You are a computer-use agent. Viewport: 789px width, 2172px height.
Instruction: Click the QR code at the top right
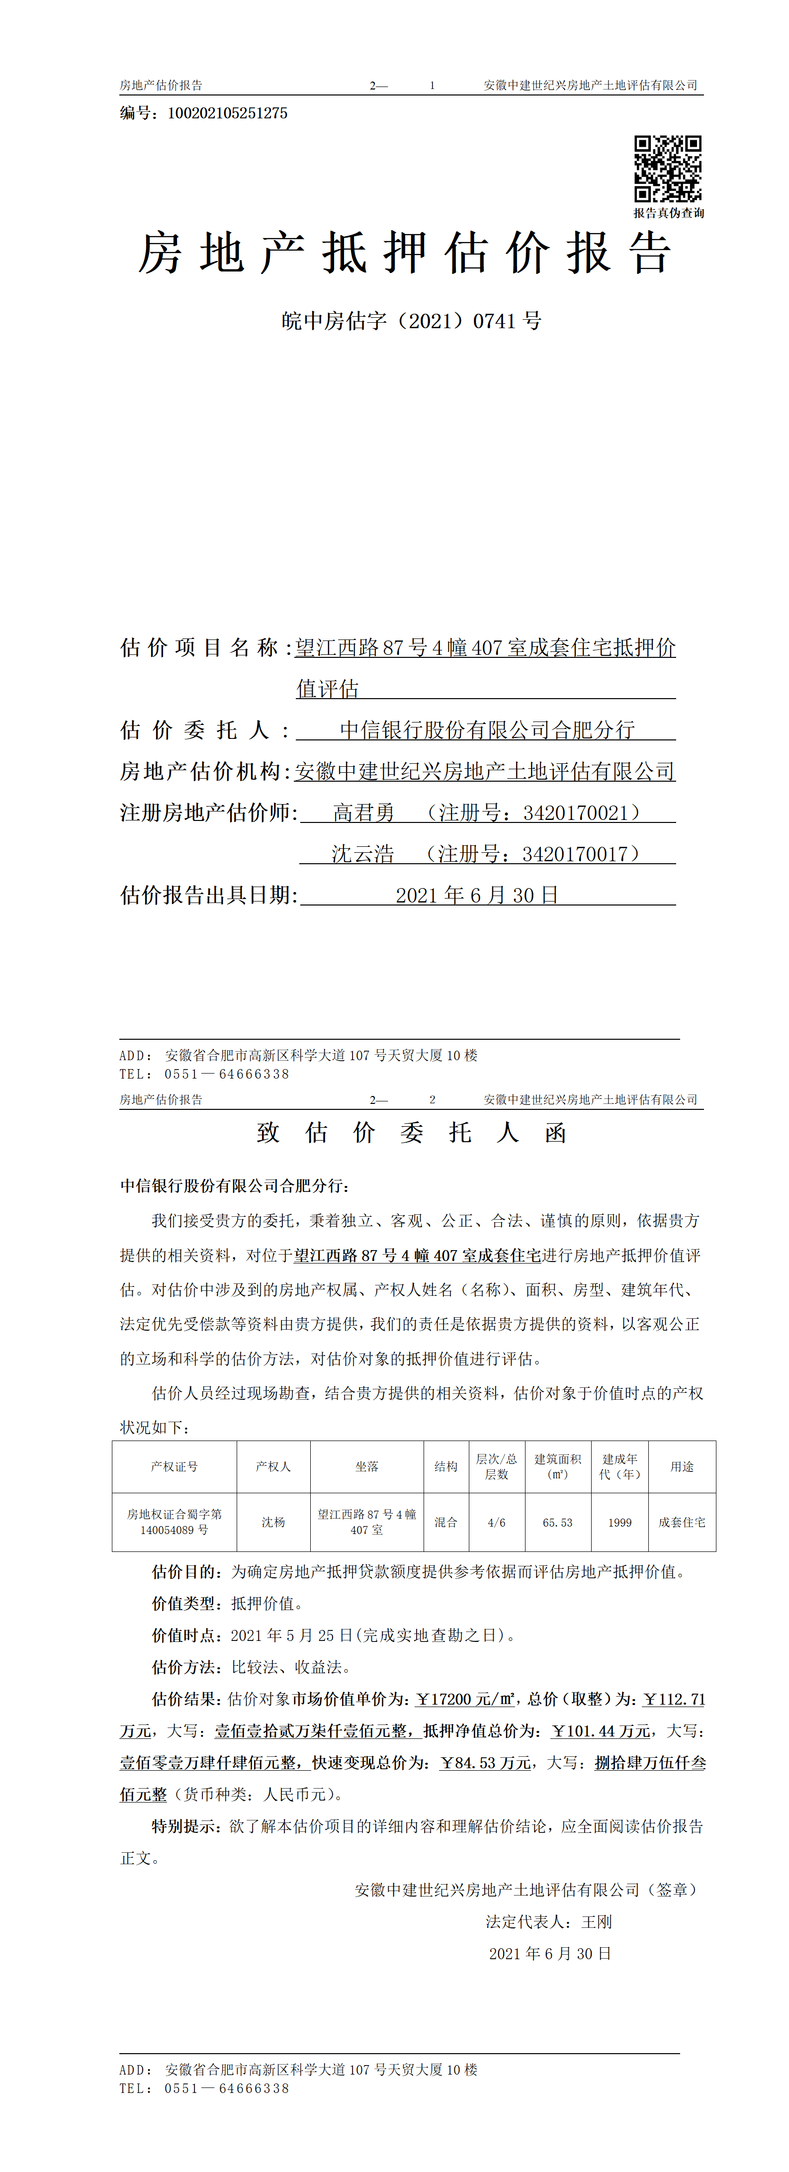click(x=668, y=169)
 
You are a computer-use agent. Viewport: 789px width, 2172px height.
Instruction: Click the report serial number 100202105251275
click(x=228, y=113)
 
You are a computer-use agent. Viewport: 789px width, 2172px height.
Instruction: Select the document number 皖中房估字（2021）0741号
click(x=411, y=321)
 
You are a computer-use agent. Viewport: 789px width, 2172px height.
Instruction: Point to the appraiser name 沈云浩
click(x=362, y=854)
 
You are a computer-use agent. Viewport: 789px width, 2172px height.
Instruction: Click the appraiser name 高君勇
click(x=363, y=813)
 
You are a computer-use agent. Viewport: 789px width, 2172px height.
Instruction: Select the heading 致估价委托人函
click(x=411, y=1132)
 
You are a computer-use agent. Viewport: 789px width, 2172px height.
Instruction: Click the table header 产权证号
click(x=175, y=1466)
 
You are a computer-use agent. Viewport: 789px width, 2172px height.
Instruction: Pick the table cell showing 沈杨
click(x=273, y=1522)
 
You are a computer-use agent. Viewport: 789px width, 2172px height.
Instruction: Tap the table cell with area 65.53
click(x=557, y=1523)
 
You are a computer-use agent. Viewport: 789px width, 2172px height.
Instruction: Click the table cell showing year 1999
click(x=619, y=1523)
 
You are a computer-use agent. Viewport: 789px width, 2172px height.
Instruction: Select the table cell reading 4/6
click(x=497, y=1523)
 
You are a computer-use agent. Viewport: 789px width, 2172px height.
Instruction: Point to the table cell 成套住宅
click(x=682, y=1523)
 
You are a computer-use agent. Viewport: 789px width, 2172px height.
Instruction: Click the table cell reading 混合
click(x=446, y=1523)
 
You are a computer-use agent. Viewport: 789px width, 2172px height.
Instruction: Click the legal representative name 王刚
click(x=597, y=1921)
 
